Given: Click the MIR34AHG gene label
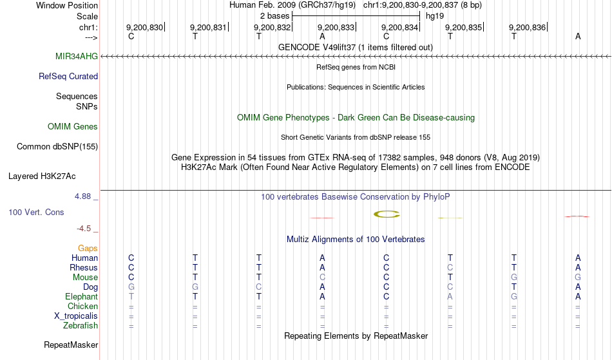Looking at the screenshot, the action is pos(77,56).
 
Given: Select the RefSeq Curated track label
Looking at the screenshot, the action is pos(68,77).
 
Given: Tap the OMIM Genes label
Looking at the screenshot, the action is pos(73,126).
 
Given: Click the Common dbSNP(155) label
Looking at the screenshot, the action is pos(57,147).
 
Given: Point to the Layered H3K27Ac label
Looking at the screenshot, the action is pos(42,176).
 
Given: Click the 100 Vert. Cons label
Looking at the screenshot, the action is pos(36,212).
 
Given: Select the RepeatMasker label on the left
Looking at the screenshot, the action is pos(71,345).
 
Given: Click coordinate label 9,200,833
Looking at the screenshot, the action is pos(336,27).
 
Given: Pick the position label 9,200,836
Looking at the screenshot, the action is pos(528,27).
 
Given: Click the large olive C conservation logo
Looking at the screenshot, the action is pos(387,214).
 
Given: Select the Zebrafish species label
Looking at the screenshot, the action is pos(81,326).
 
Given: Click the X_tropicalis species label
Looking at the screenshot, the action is pos(76,316).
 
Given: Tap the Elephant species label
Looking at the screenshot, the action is pos(82,296).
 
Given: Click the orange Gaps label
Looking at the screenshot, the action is pos(88,249).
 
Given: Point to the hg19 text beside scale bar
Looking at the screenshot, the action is pos(435,16).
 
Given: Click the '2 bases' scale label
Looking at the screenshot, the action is pos(275,16).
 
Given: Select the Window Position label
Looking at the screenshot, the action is pos(67,5).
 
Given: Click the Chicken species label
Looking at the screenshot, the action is pos(82,306).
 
